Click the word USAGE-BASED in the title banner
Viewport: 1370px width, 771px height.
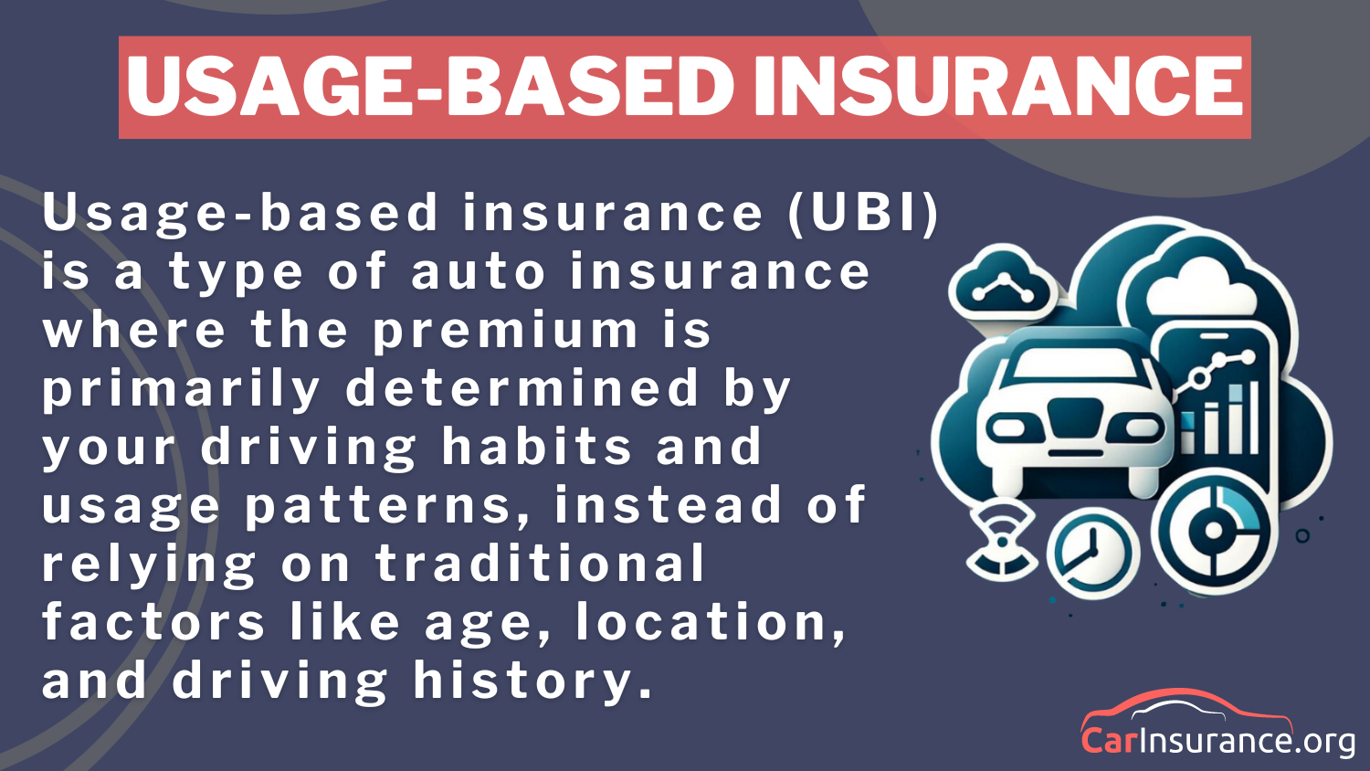(x=429, y=87)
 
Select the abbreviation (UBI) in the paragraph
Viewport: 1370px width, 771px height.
(x=863, y=213)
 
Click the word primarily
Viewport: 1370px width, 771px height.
(x=181, y=390)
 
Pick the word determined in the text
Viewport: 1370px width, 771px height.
(x=522, y=388)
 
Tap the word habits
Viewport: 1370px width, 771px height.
(x=536, y=447)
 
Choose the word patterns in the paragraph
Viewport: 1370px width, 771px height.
(x=387, y=506)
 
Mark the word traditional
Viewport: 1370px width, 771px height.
(x=540, y=564)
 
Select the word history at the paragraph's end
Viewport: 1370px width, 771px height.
(x=533, y=681)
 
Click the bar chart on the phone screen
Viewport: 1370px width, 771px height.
(x=1224, y=417)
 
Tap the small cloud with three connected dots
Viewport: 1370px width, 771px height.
(x=1002, y=286)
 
